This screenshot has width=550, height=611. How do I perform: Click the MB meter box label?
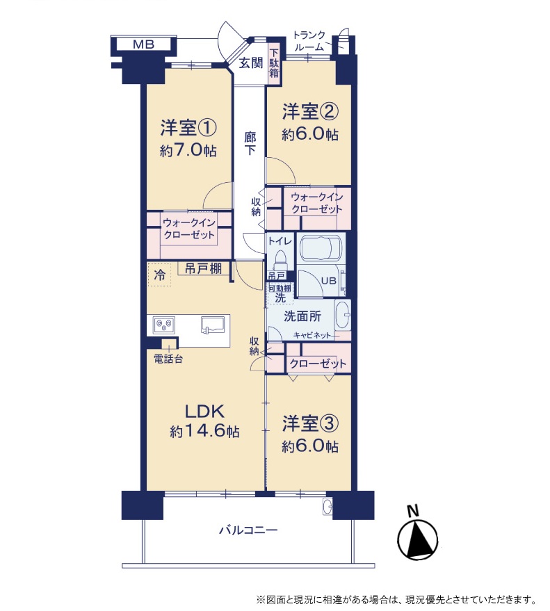[x=143, y=44]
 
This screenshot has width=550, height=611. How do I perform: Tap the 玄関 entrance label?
[x=251, y=63]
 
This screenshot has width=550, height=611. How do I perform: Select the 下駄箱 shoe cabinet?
[x=274, y=63]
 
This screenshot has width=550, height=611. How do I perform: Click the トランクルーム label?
[x=309, y=41]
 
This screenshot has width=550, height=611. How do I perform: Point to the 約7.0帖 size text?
[x=188, y=150]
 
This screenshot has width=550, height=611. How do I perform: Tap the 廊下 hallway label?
[x=250, y=143]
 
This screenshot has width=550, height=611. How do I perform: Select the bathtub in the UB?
[x=321, y=247]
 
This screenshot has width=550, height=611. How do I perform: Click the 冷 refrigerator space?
[x=159, y=275]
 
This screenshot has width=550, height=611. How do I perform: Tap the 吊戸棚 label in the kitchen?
[x=203, y=268]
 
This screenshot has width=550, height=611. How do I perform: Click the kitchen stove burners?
[x=164, y=325]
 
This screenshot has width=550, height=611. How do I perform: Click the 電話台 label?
[x=168, y=359]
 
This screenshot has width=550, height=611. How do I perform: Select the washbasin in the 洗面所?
[x=343, y=315]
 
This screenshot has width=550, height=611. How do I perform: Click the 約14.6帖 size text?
[x=205, y=431]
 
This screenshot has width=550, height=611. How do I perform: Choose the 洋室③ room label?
[x=310, y=423]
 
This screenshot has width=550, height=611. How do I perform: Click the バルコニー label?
[x=248, y=530]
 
